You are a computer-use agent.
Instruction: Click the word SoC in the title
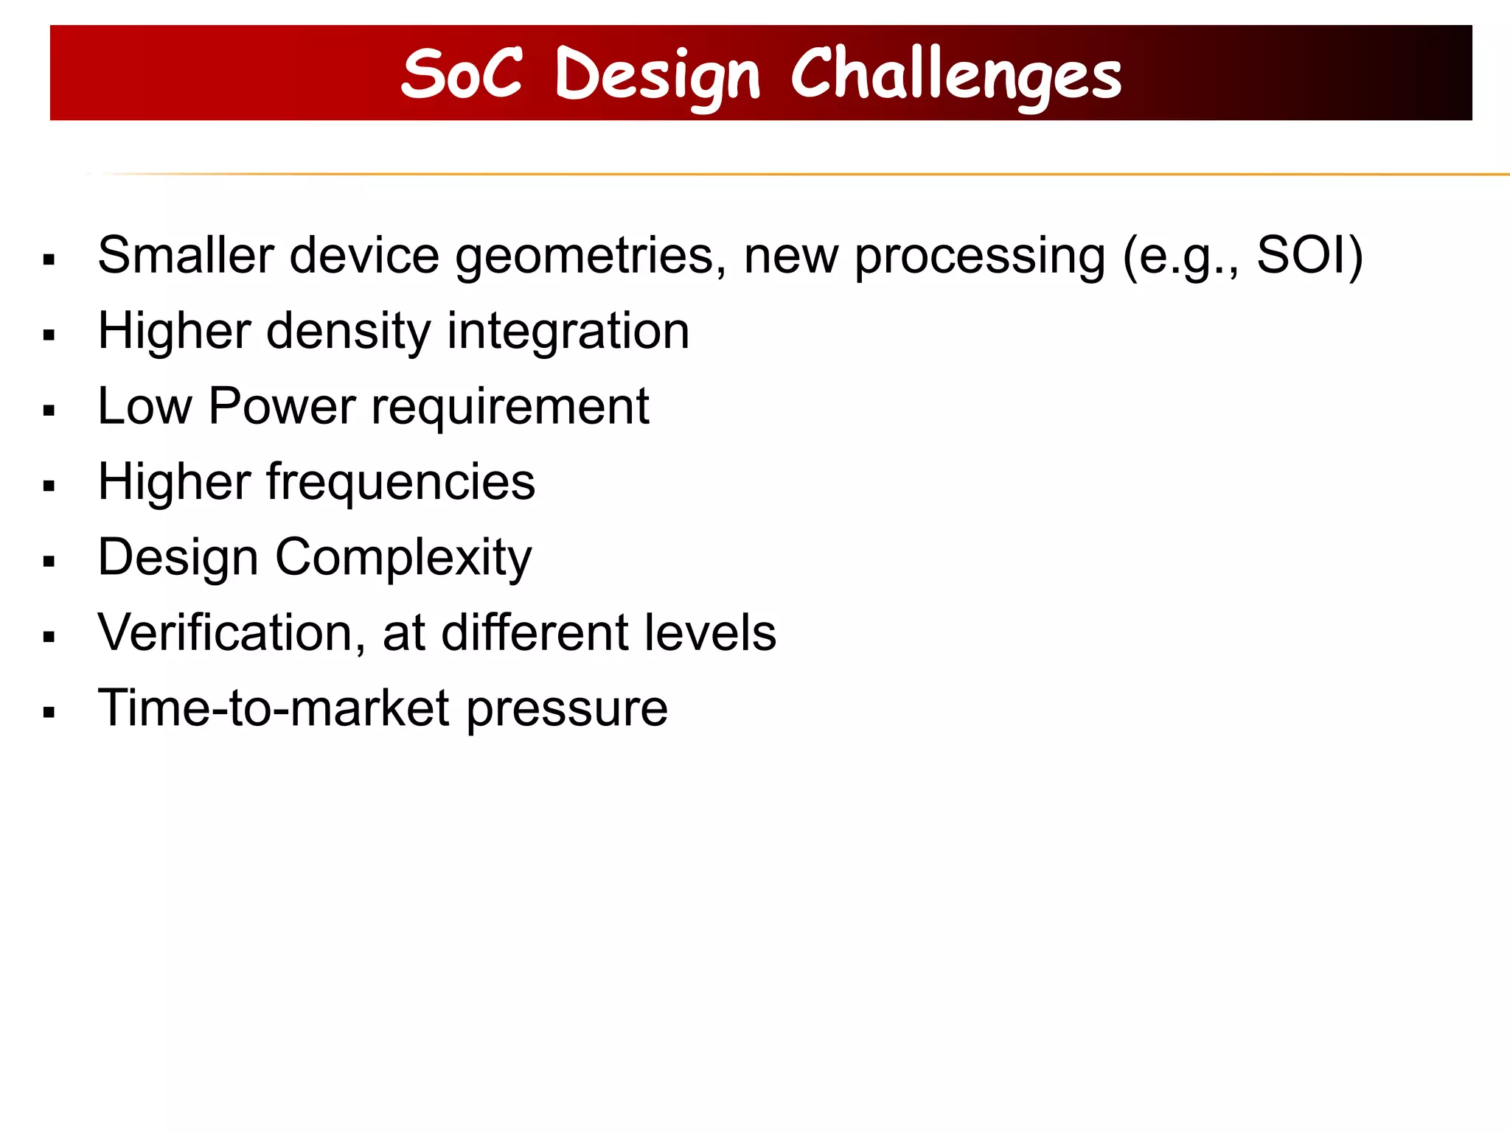coord(462,73)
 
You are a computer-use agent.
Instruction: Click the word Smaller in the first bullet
coord(186,256)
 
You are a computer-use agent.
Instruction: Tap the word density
coord(348,332)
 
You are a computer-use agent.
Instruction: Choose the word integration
coord(568,332)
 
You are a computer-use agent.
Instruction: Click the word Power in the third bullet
coord(282,407)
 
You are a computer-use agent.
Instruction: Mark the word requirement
coord(509,408)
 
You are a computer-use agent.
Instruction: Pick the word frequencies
coord(400,483)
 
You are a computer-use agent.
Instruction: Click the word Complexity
coord(403,559)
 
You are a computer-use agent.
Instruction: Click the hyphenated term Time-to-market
coord(274,708)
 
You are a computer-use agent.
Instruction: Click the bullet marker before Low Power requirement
coord(49,411)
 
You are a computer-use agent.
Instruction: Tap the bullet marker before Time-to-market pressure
coord(49,713)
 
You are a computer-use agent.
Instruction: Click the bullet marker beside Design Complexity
coord(49,562)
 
